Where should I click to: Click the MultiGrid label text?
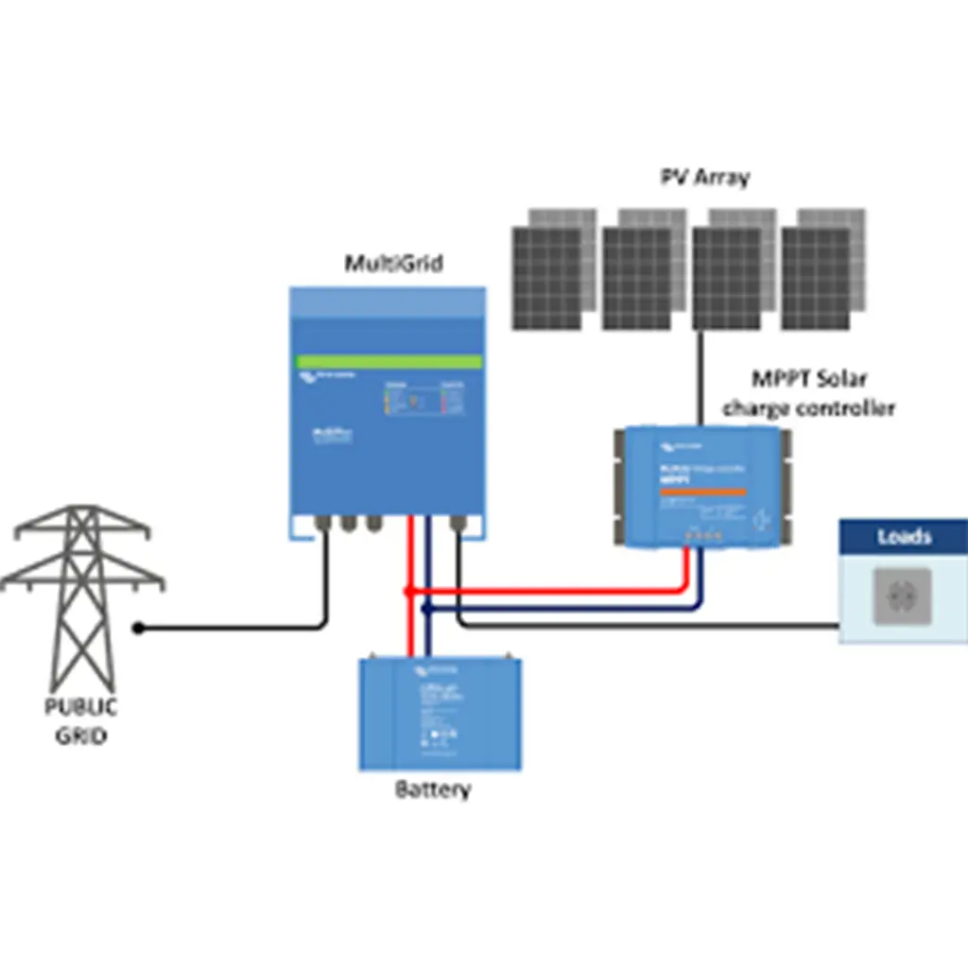click(392, 264)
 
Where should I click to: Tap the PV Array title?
click(704, 177)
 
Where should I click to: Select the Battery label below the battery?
click(432, 789)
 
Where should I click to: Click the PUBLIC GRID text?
click(81, 720)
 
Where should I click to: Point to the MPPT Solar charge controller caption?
click(808, 393)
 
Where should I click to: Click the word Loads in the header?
click(904, 537)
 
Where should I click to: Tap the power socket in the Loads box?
click(902, 596)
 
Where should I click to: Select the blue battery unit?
click(440, 714)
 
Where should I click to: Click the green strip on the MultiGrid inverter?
click(388, 362)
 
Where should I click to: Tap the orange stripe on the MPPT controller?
click(701, 492)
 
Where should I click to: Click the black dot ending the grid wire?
click(139, 627)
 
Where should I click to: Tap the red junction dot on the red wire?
click(408, 591)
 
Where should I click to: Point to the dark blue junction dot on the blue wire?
click(426, 610)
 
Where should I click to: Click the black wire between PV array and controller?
click(700, 378)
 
